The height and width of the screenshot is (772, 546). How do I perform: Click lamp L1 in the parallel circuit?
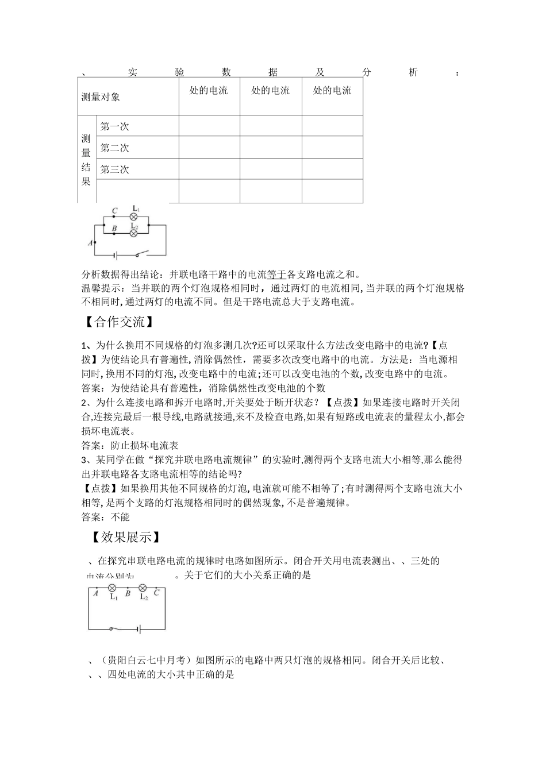click(134, 217)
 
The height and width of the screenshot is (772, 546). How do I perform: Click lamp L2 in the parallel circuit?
click(134, 234)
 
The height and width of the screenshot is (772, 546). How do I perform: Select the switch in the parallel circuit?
click(141, 253)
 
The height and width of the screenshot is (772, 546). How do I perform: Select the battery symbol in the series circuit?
click(139, 630)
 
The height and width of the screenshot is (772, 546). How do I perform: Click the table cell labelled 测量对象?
click(101, 97)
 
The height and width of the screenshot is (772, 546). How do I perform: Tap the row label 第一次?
click(115, 126)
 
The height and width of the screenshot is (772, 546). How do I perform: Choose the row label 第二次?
click(115, 148)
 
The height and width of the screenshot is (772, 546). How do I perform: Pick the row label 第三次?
click(115, 169)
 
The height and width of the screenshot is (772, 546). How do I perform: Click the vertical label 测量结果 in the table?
click(86, 160)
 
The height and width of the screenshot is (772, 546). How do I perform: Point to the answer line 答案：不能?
click(106, 516)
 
